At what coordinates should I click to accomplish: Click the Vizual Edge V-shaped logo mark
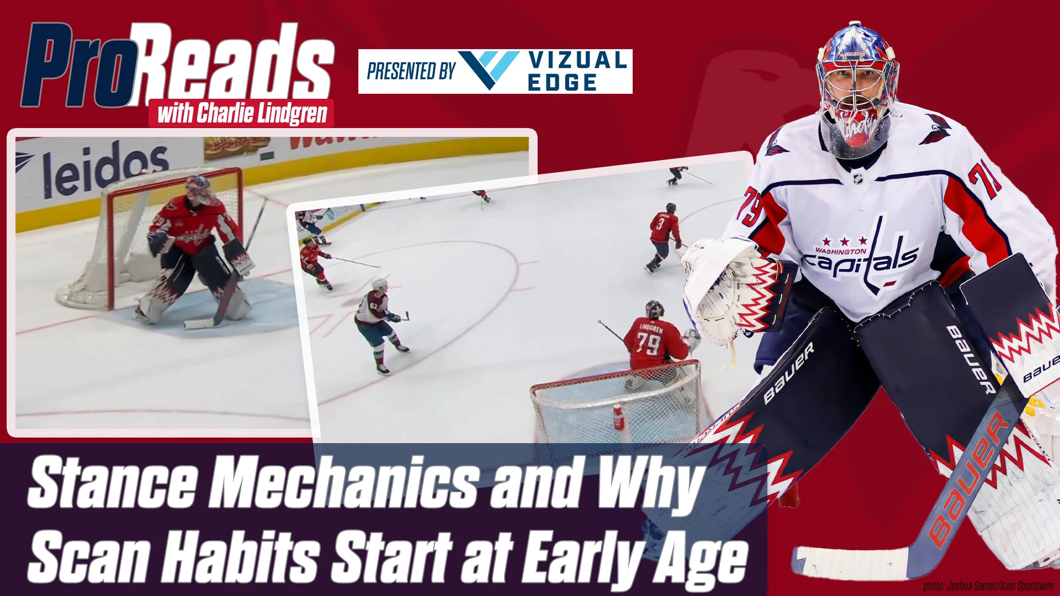tap(488, 70)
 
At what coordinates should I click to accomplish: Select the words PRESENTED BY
tap(411, 71)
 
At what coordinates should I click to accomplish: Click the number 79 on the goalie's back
tap(648, 343)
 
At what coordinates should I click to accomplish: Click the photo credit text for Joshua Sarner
tap(988, 586)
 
